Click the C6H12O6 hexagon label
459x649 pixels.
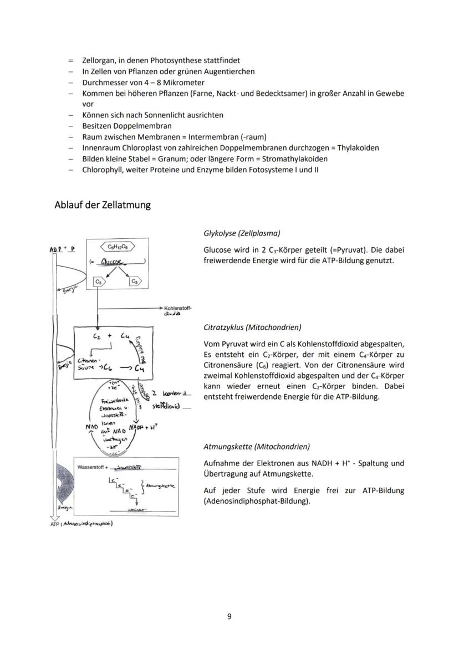(117, 247)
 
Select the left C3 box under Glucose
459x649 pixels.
(98, 282)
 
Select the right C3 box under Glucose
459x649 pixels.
(134, 282)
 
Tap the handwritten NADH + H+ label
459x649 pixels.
(144, 427)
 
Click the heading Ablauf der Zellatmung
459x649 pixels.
(103, 205)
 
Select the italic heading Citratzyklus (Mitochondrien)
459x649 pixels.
(252, 327)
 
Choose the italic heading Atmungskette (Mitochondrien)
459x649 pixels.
(257, 446)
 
